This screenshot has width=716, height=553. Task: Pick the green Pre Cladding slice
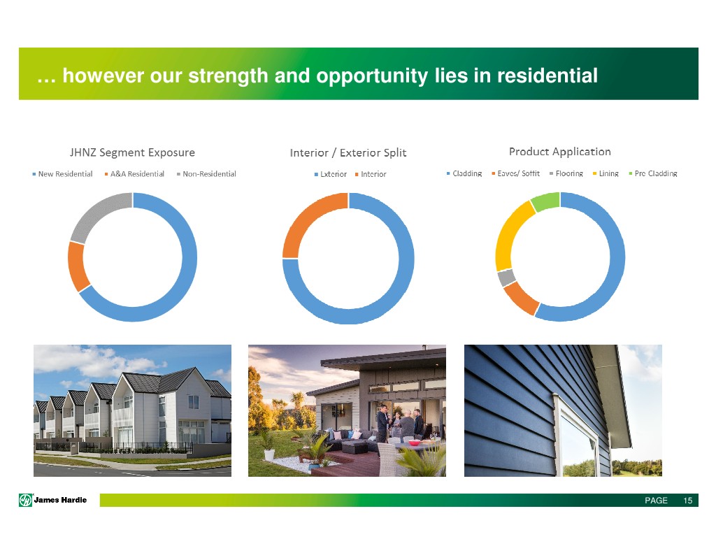click(x=545, y=201)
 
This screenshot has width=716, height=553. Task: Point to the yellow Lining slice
click(x=510, y=234)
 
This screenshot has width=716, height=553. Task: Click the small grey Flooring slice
click(x=506, y=277)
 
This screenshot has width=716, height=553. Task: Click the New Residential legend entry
click(x=62, y=174)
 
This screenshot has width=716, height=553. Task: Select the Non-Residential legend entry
click(x=206, y=174)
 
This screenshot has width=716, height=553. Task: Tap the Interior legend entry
click(x=371, y=175)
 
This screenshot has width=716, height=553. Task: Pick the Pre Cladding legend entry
click(x=653, y=173)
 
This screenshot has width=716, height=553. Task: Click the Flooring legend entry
click(x=566, y=173)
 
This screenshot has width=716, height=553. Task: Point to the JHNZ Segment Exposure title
click(x=132, y=152)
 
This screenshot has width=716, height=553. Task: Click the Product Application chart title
click(x=560, y=152)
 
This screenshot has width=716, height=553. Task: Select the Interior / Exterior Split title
click(x=348, y=153)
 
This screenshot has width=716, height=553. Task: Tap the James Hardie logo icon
click(x=26, y=501)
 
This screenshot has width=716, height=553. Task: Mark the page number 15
click(x=688, y=501)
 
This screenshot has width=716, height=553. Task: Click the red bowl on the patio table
click(x=414, y=443)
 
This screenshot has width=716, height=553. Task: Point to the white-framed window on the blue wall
click(x=577, y=434)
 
